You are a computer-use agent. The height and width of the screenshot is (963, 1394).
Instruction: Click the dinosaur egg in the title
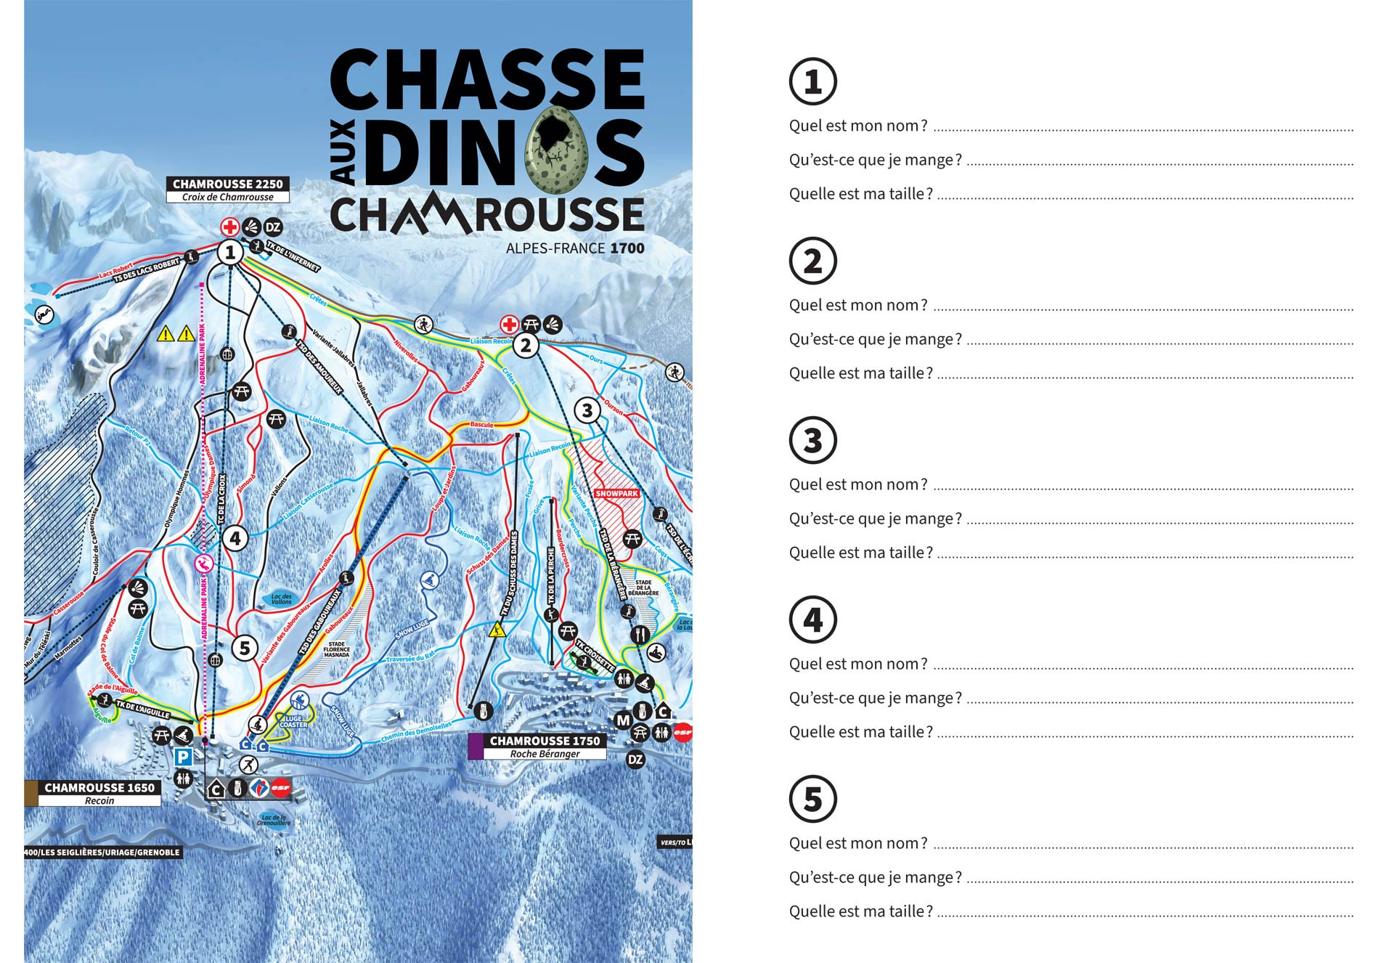pyautogui.click(x=558, y=149)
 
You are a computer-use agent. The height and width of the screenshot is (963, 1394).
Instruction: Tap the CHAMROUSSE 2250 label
pyautogui.click(x=227, y=184)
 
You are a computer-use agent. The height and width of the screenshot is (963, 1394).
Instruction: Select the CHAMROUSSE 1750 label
pyautogui.click(x=545, y=741)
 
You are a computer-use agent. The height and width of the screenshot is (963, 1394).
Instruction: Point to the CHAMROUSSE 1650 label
pyautogui.click(x=99, y=788)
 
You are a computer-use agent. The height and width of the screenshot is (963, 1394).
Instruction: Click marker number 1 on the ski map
pyautogui.click(x=230, y=253)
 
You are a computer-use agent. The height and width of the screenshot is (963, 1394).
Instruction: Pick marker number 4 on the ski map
pyautogui.click(x=235, y=539)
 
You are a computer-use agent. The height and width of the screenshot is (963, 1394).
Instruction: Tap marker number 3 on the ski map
pyautogui.click(x=587, y=410)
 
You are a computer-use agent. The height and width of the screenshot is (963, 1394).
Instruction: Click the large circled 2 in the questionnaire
pyautogui.click(x=812, y=261)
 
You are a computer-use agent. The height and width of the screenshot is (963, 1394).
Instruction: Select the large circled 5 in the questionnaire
pyautogui.click(x=812, y=799)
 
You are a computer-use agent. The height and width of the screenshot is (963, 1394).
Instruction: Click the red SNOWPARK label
pyautogui.click(x=616, y=493)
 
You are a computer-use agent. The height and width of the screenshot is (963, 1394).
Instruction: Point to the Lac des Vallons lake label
pyautogui.click(x=281, y=599)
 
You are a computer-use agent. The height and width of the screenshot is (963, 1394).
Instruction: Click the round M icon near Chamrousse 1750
pyautogui.click(x=623, y=720)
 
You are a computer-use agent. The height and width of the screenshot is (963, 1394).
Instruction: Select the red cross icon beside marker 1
pyautogui.click(x=230, y=227)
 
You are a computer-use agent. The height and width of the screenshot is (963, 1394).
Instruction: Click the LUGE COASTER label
pyautogui.click(x=293, y=721)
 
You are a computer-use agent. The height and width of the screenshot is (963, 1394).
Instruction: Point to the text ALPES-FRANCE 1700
pyautogui.click(x=575, y=248)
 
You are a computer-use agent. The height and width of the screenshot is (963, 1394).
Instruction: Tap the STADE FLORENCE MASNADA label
pyautogui.click(x=337, y=649)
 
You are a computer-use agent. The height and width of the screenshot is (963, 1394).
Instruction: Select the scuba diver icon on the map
pyautogui.click(x=44, y=315)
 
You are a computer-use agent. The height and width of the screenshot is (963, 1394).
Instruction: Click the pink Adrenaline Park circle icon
pyautogui.click(x=204, y=563)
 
